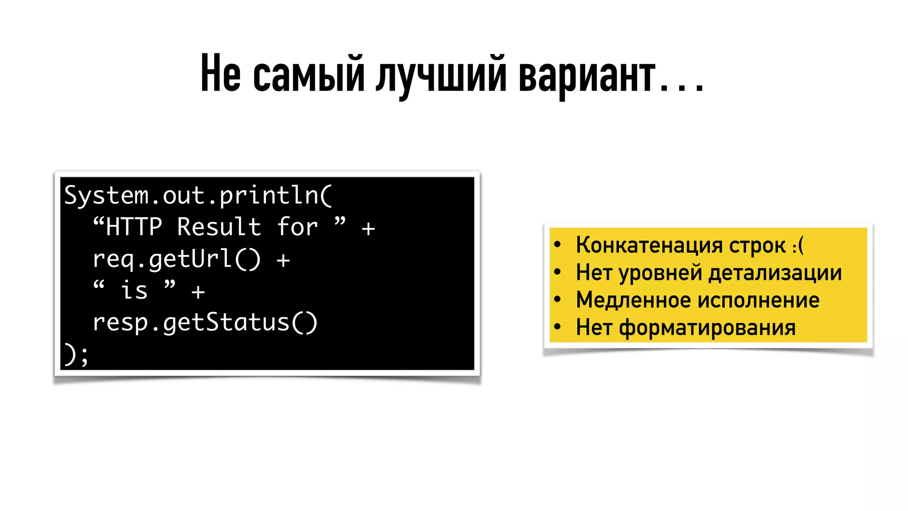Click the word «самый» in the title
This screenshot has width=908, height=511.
[x=309, y=75]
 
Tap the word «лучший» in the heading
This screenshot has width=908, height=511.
[x=441, y=75]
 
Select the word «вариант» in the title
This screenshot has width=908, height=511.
[x=587, y=75]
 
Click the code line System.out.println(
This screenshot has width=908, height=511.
[x=198, y=196]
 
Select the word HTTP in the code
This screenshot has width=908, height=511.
[x=134, y=227]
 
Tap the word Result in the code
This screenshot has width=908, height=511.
[x=219, y=227]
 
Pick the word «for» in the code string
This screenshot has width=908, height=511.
[x=297, y=227]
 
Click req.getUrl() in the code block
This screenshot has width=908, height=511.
[x=176, y=259]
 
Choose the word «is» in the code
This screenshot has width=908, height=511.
[x=134, y=291]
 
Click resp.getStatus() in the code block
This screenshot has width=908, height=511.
[x=205, y=322]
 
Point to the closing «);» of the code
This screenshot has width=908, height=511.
[x=76, y=355]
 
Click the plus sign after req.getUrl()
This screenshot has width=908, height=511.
[x=283, y=260]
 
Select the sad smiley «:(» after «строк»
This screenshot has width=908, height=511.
[x=798, y=245]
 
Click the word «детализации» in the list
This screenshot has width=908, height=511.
[x=775, y=272]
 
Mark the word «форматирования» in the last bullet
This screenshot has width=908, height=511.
[x=707, y=328]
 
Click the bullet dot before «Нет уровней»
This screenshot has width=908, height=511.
[x=558, y=271]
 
